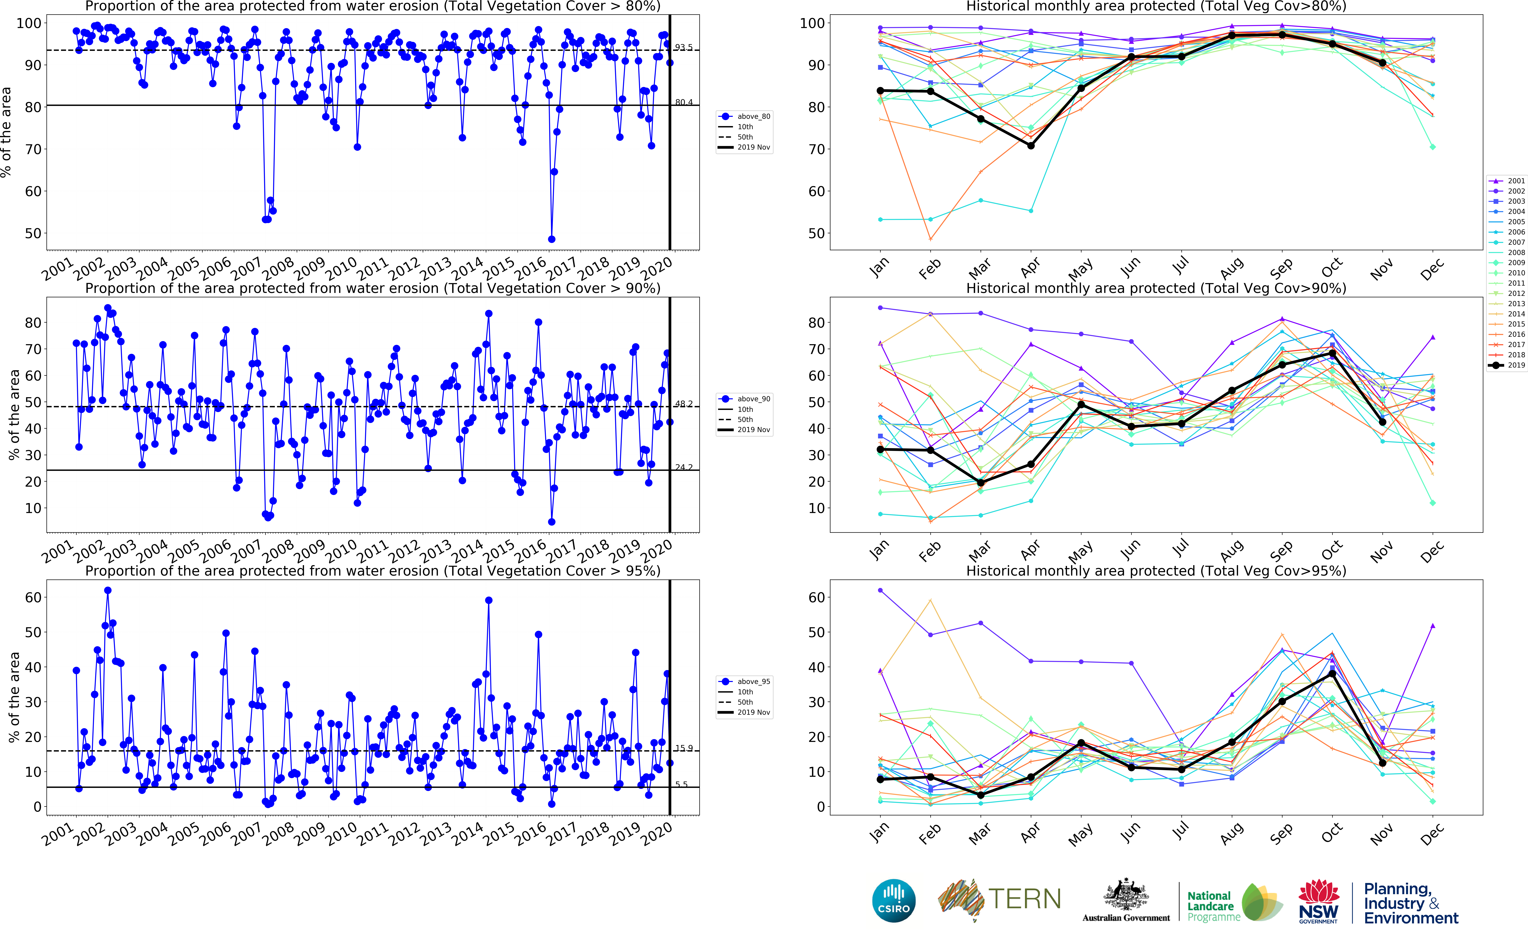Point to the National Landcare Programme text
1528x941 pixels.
click(1210, 906)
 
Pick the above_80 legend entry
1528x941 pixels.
click(745, 116)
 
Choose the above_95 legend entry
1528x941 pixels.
click(745, 681)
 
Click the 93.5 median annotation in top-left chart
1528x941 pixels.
click(684, 47)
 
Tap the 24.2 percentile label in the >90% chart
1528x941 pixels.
click(684, 467)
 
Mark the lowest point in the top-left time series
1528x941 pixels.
click(551, 239)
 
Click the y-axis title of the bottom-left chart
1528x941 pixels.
click(14, 697)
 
